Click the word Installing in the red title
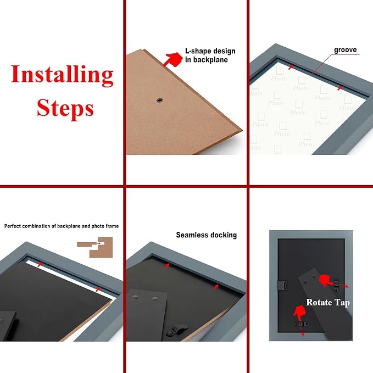point(62,75)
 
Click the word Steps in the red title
point(65,109)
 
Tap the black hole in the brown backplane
point(160,100)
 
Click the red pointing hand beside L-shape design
point(173,59)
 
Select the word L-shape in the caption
point(199,51)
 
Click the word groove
point(345,50)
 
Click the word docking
point(224,235)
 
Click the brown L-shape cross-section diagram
point(95,247)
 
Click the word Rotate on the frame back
point(319,302)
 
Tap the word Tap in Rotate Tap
point(342,303)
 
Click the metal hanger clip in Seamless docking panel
point(176,330)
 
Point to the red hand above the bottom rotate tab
point(299,313)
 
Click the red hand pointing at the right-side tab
point(326,280)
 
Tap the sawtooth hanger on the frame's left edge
point(282,285)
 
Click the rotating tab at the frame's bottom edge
point(302,324)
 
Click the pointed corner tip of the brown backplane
point(242,130)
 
